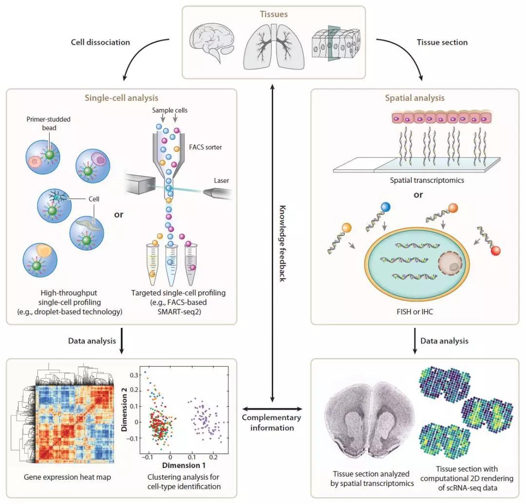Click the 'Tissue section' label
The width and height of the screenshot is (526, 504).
(442, 42)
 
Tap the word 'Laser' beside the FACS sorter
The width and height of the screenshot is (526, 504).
(221, 180)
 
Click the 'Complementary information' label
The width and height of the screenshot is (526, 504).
(271, 423)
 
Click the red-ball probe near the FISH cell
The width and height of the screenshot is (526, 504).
(495, 251)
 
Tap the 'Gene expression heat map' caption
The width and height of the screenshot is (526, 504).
(67, 477)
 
